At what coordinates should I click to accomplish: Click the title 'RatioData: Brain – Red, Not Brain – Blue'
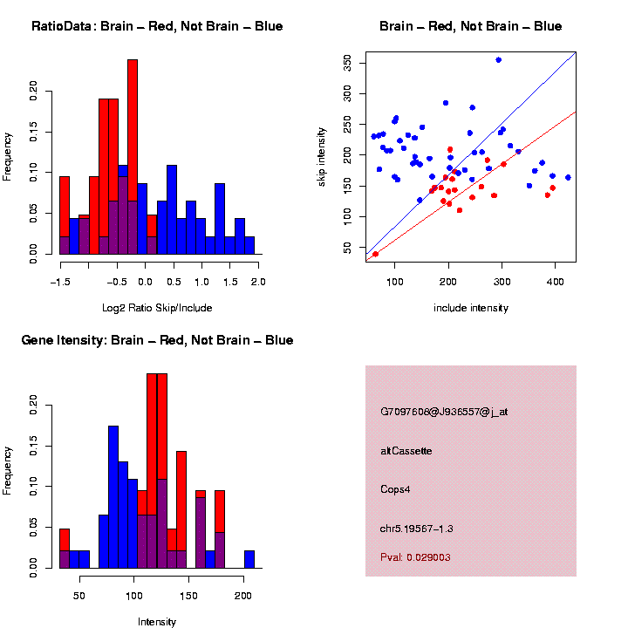[x=157, y=26]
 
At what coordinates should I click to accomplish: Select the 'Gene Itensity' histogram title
[x=157, y=340]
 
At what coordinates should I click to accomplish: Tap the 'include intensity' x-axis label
[x=471, y=308]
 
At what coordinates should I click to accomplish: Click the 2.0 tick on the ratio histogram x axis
[x=258, y=282]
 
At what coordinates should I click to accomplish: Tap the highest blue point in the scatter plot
[x=498, y=60]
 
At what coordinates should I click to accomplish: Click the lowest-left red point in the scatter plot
[x=375, y=254]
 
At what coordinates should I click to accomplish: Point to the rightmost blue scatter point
[x=568, y=177]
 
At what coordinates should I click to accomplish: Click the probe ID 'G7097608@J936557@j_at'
[x=444, y=412]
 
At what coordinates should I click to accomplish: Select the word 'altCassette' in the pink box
[x=406, y=451]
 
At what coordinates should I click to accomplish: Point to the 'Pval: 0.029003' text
[x=415, y=556]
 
